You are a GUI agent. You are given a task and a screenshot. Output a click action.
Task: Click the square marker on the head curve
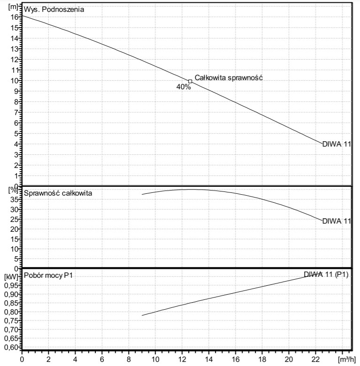point(190,81)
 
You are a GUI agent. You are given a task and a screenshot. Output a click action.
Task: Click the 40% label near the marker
point(184,87)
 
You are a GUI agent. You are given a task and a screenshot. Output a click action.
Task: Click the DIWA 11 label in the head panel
point(337,144)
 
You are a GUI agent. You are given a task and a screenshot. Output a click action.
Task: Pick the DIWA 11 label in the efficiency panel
point(337,221)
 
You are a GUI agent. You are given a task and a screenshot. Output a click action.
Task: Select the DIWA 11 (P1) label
point(326,274)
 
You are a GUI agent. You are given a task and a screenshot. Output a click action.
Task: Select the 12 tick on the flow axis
point(182,358)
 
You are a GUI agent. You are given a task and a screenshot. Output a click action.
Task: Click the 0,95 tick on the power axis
point(10,285)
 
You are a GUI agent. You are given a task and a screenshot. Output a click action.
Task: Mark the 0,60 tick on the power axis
point(10,347)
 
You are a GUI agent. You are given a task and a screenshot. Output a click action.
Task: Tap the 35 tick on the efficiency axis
point(14,199)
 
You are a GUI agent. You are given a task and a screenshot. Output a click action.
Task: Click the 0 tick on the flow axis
point(22,358)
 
